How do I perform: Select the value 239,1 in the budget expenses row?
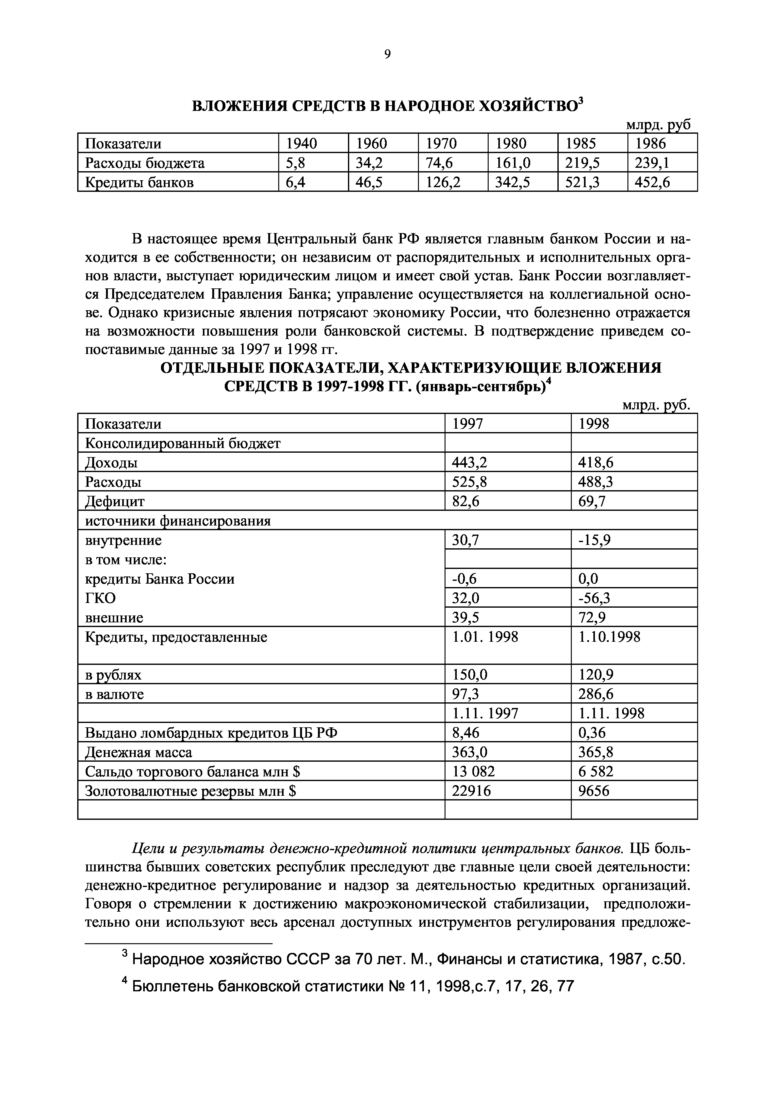pos(652,163)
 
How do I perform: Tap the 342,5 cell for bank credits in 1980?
pos(512,183)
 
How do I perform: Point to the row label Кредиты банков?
pos(139,183)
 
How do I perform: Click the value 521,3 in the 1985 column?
pos(582,183)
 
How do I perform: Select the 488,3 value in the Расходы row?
pos(596,482)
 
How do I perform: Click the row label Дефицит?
pos(115,501)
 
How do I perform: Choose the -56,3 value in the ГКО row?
pos(595,598)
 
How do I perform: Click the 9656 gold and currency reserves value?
pos(594,791)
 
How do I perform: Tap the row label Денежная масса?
pos(138,752)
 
